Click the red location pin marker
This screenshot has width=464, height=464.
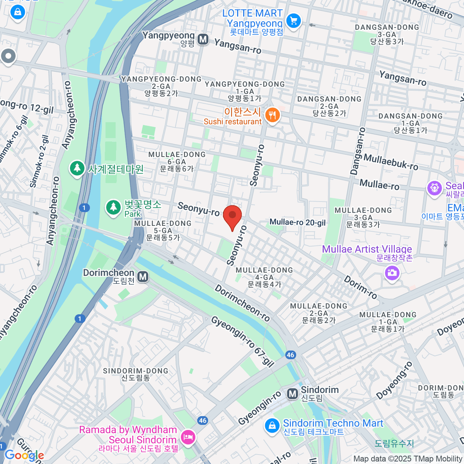point(232,216)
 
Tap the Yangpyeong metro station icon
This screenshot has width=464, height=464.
point(203,39)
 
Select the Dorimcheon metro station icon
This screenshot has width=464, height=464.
point(143,277)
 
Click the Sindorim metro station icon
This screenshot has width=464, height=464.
point(293,394)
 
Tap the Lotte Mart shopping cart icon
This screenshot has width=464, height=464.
point(293,20)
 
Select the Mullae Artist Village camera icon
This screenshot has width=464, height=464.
point(392,273)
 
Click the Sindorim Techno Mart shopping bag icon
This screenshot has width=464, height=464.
point(272,426)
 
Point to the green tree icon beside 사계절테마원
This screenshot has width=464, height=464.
point(77,169)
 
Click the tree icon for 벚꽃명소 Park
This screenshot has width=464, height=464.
point(113,207)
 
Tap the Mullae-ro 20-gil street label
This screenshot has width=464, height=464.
point(297,222)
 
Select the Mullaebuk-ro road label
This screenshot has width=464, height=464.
point(391,162)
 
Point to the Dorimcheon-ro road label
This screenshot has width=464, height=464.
point(242,303)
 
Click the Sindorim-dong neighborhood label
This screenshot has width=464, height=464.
point(135,374)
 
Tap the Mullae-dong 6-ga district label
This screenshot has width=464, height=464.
point(177,162)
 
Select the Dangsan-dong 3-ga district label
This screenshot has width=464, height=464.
point(387,34)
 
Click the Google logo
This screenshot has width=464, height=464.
point(24,455)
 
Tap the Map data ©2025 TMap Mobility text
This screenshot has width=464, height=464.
point(408,459)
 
